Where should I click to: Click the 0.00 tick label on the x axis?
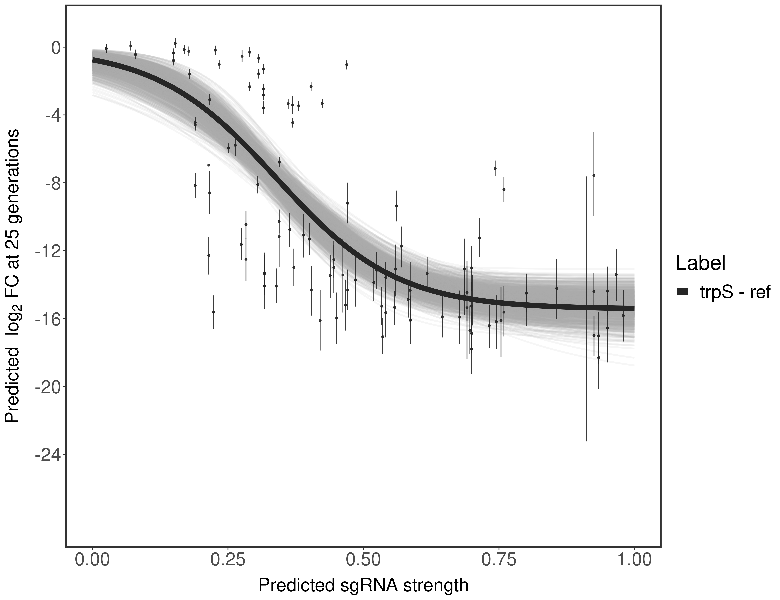click(x=92, y=560)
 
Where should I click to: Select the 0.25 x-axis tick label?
click(x=228, y=560)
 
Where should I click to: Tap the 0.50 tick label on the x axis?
click(x=363, y=560)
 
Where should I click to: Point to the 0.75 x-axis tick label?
click(x=499, y=560)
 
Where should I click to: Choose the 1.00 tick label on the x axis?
click(x=634, y=560)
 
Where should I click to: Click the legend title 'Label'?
click(x=701, y=264)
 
